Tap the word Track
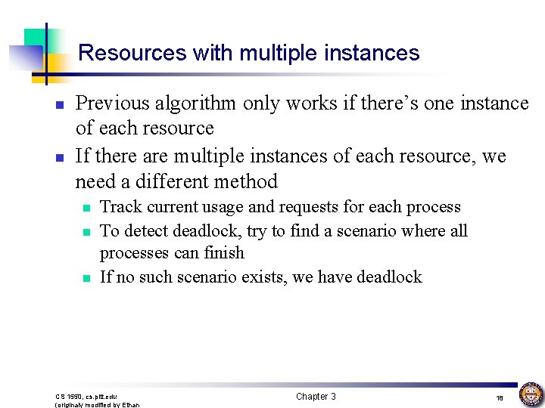(x=117, y=207)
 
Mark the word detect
(x=148, y=230)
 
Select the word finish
(x=222, y=252)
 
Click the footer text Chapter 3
(x=316, y=397)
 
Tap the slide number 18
(x=500, y=397)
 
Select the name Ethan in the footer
(x=130, y=405)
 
